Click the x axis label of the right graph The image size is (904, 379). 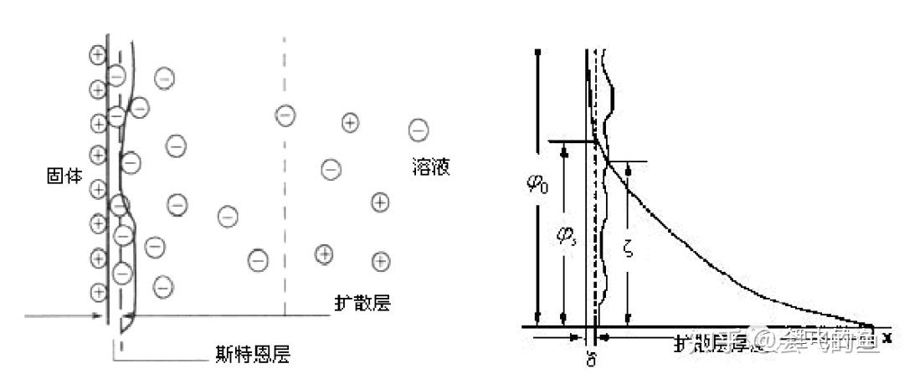[x=887, y=336]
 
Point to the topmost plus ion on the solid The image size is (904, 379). [x=98, y=56]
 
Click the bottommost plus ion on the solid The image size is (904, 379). [x=98, y=292]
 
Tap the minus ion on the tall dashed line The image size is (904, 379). [x=285, y=115]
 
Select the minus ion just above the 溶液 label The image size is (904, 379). [x=418, y=130]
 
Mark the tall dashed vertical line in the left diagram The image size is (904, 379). [x=285, y=209]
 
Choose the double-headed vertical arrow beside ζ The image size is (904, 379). [x=629, y=243]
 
